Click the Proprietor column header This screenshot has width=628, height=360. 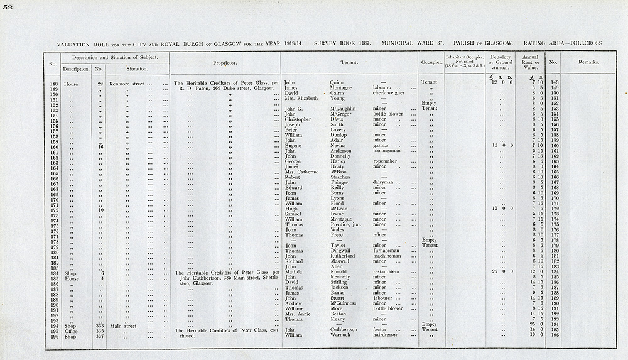[224, 63]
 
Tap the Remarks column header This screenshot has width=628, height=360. [589, 63]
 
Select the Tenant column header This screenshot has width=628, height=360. [349, 63]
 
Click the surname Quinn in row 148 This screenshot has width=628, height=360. [337, 82]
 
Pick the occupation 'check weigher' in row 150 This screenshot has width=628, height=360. [389, 93]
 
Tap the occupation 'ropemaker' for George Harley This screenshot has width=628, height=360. [387, 161]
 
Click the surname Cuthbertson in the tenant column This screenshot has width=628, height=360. [345, 329]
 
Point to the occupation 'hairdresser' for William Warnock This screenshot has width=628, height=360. [389, 335]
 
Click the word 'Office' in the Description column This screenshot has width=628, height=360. [70, 329]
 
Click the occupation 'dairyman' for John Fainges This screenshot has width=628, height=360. [385, 182]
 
